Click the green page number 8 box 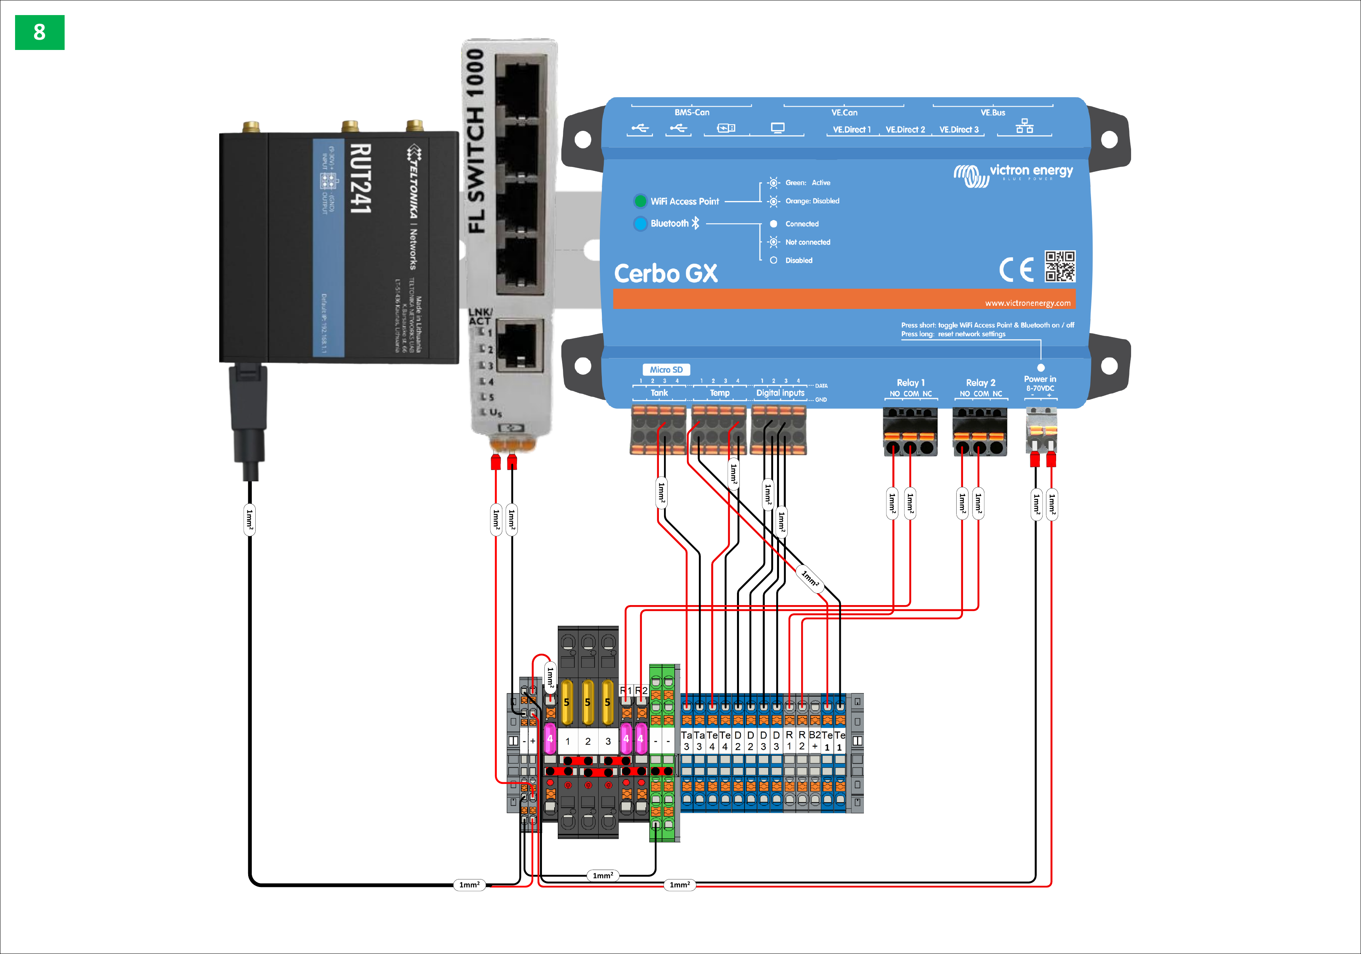pos(39,32)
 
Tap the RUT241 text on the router pos(360,178)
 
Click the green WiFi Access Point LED pos(639,201)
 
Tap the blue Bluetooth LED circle pos(639,224)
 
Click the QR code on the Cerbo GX pos(1059,266)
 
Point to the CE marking pos(1016,270)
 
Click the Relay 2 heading pos(980,382)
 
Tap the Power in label pos(1040,379)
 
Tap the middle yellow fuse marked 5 pos(588,702)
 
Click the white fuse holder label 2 pos(588,741)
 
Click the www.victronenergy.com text pos(1027,303)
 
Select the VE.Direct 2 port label pos(905,129)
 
